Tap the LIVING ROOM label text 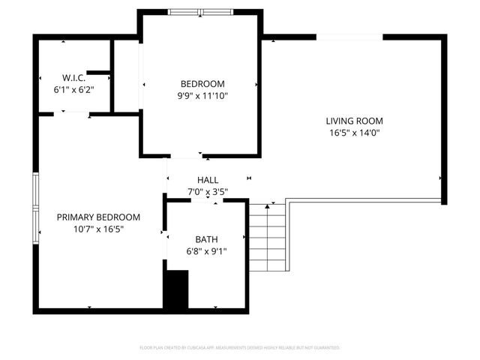(354, 121)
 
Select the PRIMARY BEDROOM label (98, 217)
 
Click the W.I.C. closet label (73, 78)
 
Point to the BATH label (206, 239)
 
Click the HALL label (208, 180)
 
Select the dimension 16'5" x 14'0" (354, 133)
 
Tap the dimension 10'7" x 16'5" (98, 229)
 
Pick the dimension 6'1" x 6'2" (73, 89)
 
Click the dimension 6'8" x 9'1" (206, 251)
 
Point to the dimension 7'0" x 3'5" (208, 192)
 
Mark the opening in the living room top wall (349, 36)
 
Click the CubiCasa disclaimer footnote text (240, 348)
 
